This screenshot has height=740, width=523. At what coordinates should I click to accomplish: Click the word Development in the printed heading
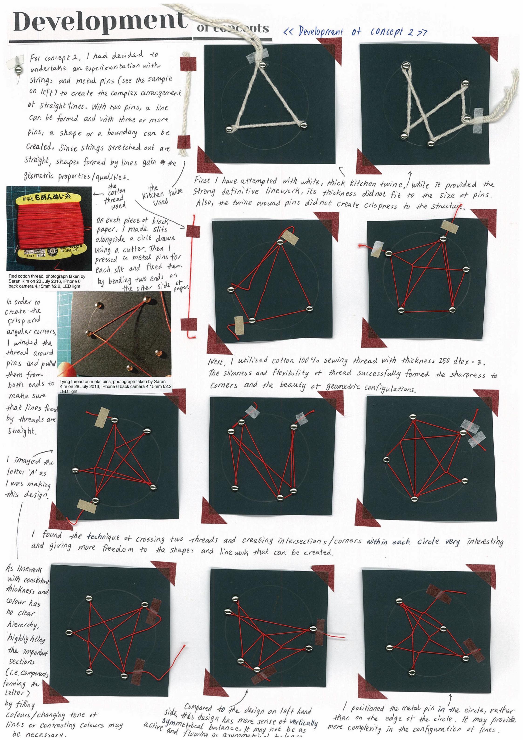[x=100, y=22]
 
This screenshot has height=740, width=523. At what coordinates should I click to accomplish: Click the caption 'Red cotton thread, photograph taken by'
[x=47, y=276]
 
